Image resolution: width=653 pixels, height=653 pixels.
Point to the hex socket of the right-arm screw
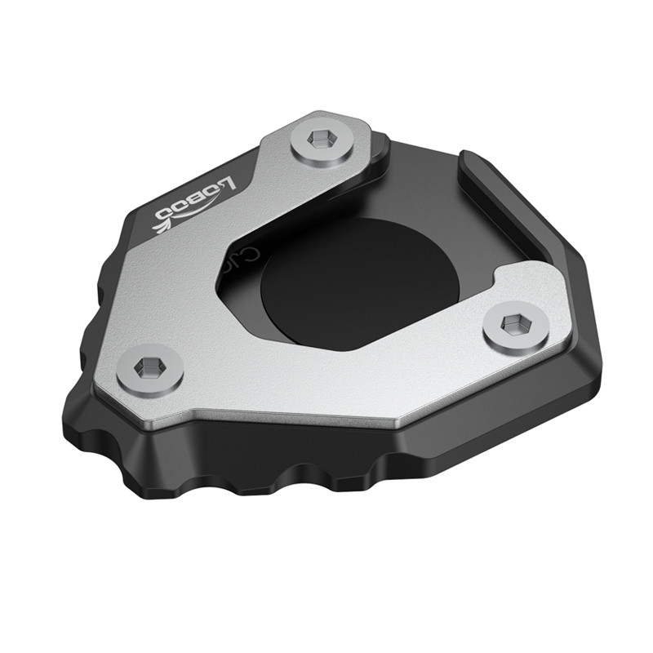[512, 325]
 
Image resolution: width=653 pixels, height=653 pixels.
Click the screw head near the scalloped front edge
[149, 370]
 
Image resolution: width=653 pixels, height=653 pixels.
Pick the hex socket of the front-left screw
[149, 369]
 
